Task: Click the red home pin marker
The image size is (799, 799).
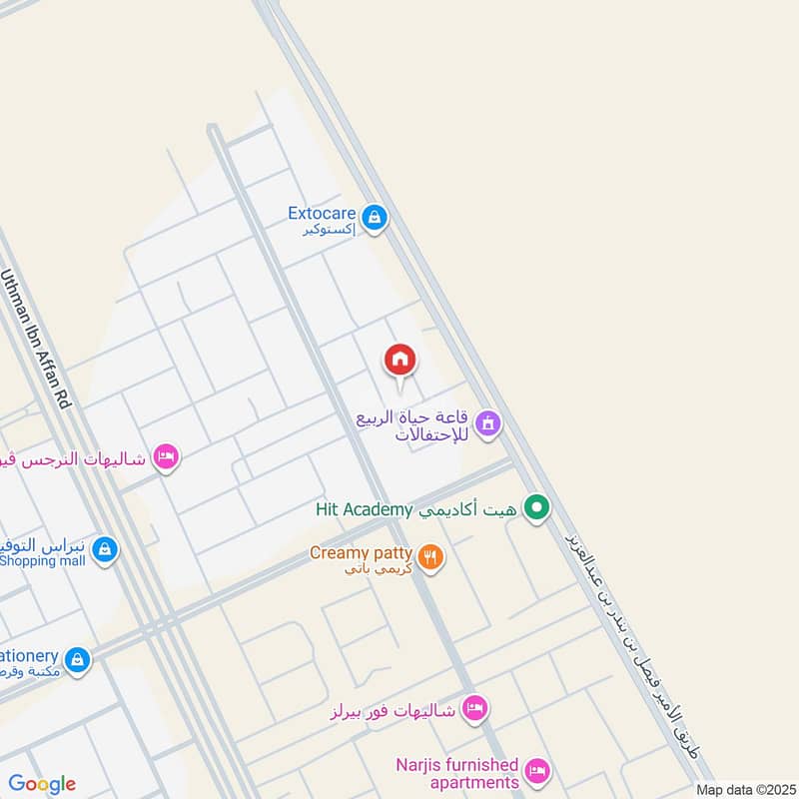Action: tap(399, 361)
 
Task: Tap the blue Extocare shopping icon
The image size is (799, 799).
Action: tap(374, 217)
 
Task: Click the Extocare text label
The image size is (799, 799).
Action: tap(322, 213)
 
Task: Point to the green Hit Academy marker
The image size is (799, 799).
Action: tap(537, 509)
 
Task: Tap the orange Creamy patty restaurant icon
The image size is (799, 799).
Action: tap(430, 557)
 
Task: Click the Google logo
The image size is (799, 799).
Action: tap(42, 784)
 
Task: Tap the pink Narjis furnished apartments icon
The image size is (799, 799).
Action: tap(537, 770)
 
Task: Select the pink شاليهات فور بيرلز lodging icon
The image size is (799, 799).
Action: tap(475, 709)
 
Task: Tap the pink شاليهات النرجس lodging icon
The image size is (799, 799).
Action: tap(166, 457)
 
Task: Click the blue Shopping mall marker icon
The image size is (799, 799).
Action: tap(105, 549)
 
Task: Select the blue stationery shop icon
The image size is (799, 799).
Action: tap(77, 659)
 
